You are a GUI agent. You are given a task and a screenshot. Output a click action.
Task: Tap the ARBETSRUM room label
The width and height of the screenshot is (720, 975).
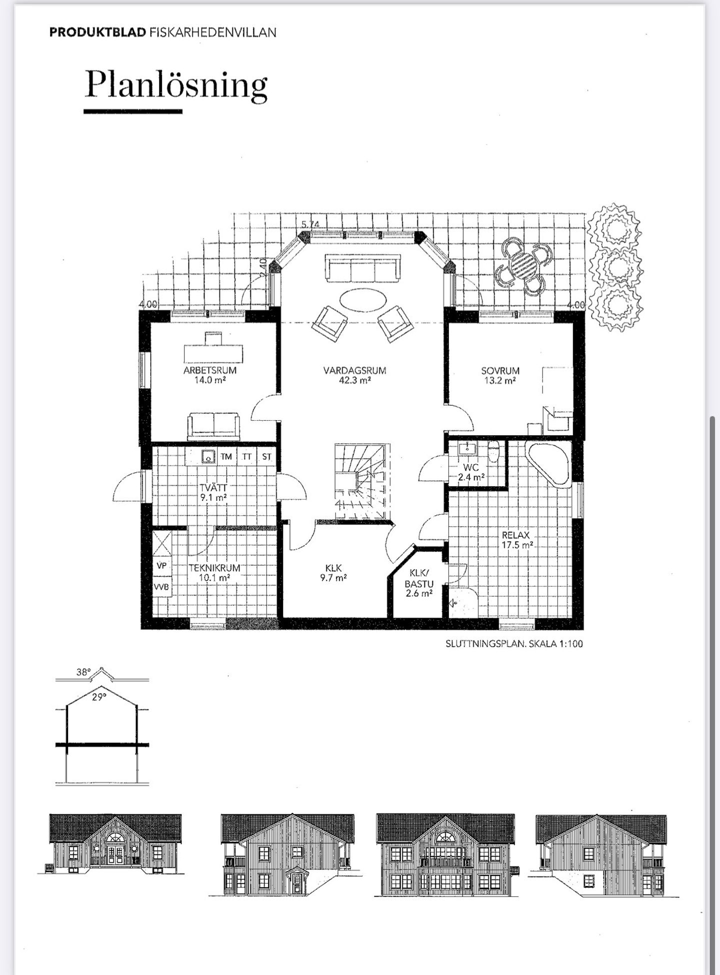[210, 371]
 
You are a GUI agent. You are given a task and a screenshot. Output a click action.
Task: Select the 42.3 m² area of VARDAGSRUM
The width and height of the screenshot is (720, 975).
[354, 380]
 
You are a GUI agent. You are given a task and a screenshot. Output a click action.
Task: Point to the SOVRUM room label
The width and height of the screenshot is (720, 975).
[500, 371]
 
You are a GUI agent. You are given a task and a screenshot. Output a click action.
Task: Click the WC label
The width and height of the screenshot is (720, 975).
[471, 468]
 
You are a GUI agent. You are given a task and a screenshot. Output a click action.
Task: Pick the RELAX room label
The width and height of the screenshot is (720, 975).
[515, 535]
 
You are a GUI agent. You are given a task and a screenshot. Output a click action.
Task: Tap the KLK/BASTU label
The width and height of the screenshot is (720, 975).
[419, 578]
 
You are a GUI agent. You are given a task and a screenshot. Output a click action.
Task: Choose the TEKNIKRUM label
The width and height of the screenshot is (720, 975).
[214, 568]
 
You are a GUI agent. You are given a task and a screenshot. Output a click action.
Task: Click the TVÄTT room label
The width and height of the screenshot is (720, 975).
[213, 488]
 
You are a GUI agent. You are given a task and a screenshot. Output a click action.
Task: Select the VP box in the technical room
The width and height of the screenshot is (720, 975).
[162, 566]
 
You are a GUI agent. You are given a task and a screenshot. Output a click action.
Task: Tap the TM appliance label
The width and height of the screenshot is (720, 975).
[226, 457]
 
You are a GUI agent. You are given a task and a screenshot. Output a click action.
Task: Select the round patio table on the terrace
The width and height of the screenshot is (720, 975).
[523, 264]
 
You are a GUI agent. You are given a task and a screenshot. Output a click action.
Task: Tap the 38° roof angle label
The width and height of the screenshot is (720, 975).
[83, 672]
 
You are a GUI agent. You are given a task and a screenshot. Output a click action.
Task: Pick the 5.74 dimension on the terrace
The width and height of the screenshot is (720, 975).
[310, 224]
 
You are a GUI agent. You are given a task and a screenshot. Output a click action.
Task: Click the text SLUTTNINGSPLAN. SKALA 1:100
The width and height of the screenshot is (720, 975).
[514, 644]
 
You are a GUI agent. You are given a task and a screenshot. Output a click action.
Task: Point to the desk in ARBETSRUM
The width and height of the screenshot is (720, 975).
[214, 349]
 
